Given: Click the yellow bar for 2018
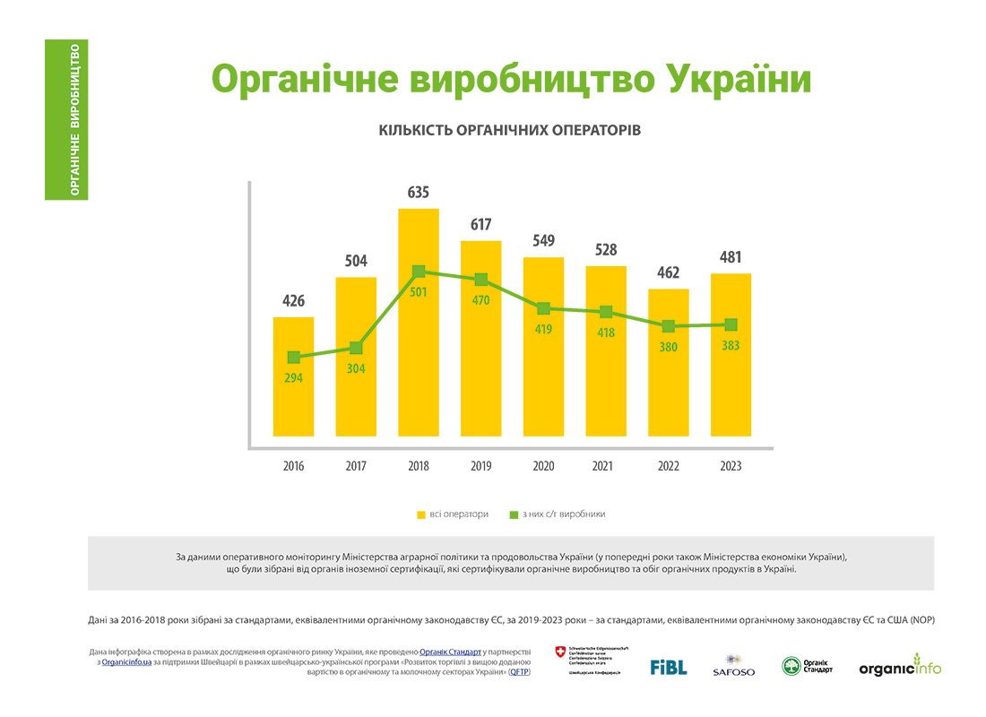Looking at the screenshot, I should (419, 358).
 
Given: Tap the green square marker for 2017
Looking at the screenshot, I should (356, 348).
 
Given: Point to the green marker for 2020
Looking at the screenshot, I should (543, 308).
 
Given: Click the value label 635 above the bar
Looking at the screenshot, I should (419, 193).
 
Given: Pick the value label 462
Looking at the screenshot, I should (668, 272).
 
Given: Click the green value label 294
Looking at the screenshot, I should (293, 378).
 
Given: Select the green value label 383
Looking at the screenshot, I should (731, 346).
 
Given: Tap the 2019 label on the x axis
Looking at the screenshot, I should (481, 466).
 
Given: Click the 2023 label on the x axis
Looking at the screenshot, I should (731, 466).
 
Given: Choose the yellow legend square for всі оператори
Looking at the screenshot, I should (420, 515).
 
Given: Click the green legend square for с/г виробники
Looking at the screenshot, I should (514, 515).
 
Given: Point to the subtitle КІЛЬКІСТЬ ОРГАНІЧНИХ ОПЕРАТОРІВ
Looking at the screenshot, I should (510, 130).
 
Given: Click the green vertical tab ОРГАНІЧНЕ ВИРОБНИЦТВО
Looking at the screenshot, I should (66, 119).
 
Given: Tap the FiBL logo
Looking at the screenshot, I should (668, 667).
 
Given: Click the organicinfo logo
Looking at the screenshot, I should (900, 668).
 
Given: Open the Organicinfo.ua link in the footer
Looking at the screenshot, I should (125, 661).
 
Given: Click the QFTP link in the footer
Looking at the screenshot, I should (519, 671).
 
